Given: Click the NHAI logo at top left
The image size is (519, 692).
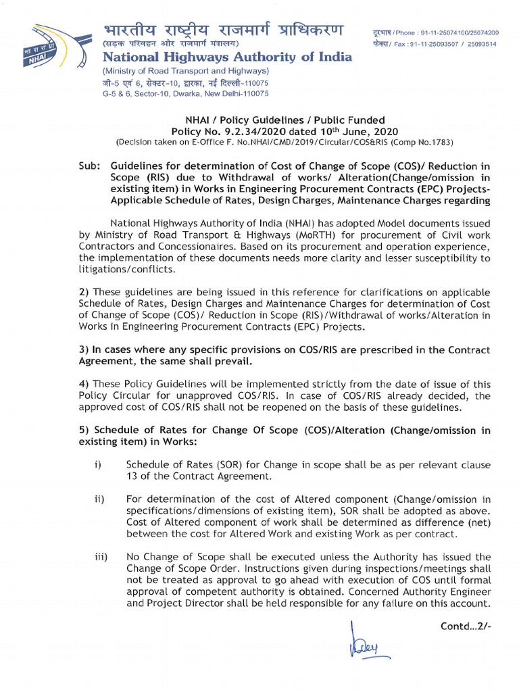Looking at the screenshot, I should (x=54, y=47).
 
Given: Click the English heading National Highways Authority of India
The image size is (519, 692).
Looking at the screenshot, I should (x=226, y=57).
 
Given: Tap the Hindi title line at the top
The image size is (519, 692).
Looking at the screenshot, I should (x=222, y=31).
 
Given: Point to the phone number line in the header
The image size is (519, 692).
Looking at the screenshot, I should (x=436, y=32).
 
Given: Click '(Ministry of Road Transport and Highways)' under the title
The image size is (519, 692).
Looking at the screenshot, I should (x=185, y=71).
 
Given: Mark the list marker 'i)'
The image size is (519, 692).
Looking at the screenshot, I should (x=98, y=465).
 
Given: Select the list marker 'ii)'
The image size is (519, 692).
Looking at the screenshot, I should (x=99, y=499).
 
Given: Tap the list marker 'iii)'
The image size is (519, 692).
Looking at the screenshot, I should (x=101, y=557).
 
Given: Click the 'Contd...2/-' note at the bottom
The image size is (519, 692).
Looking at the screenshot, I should (x=465, y=625).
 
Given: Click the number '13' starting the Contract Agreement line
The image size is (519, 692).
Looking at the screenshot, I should (x=132, y=476).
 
